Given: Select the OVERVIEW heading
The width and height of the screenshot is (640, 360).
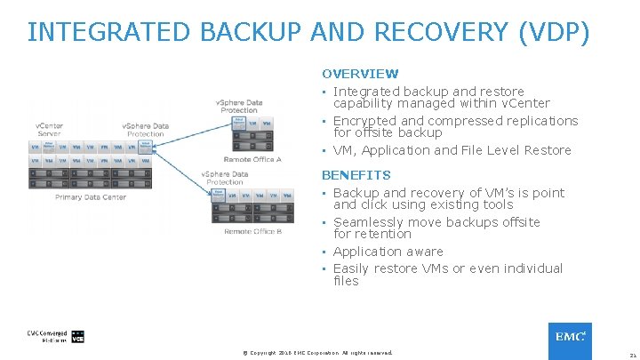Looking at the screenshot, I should (x=360, y=74).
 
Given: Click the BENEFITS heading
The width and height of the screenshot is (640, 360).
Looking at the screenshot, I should (x=356, y=175).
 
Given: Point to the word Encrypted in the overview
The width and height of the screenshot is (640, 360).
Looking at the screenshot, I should (x=365, y=121).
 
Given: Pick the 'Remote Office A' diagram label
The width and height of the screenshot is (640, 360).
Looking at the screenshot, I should (x=252, y=159).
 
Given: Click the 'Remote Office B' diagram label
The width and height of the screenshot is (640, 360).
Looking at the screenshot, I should (x=252, y=231).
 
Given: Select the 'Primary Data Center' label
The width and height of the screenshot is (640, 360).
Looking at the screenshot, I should (x=91, y=197).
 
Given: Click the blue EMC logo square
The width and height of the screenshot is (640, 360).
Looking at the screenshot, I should (x=570, y=337).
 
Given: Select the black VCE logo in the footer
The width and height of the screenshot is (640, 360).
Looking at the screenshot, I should (x=77, y=337).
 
